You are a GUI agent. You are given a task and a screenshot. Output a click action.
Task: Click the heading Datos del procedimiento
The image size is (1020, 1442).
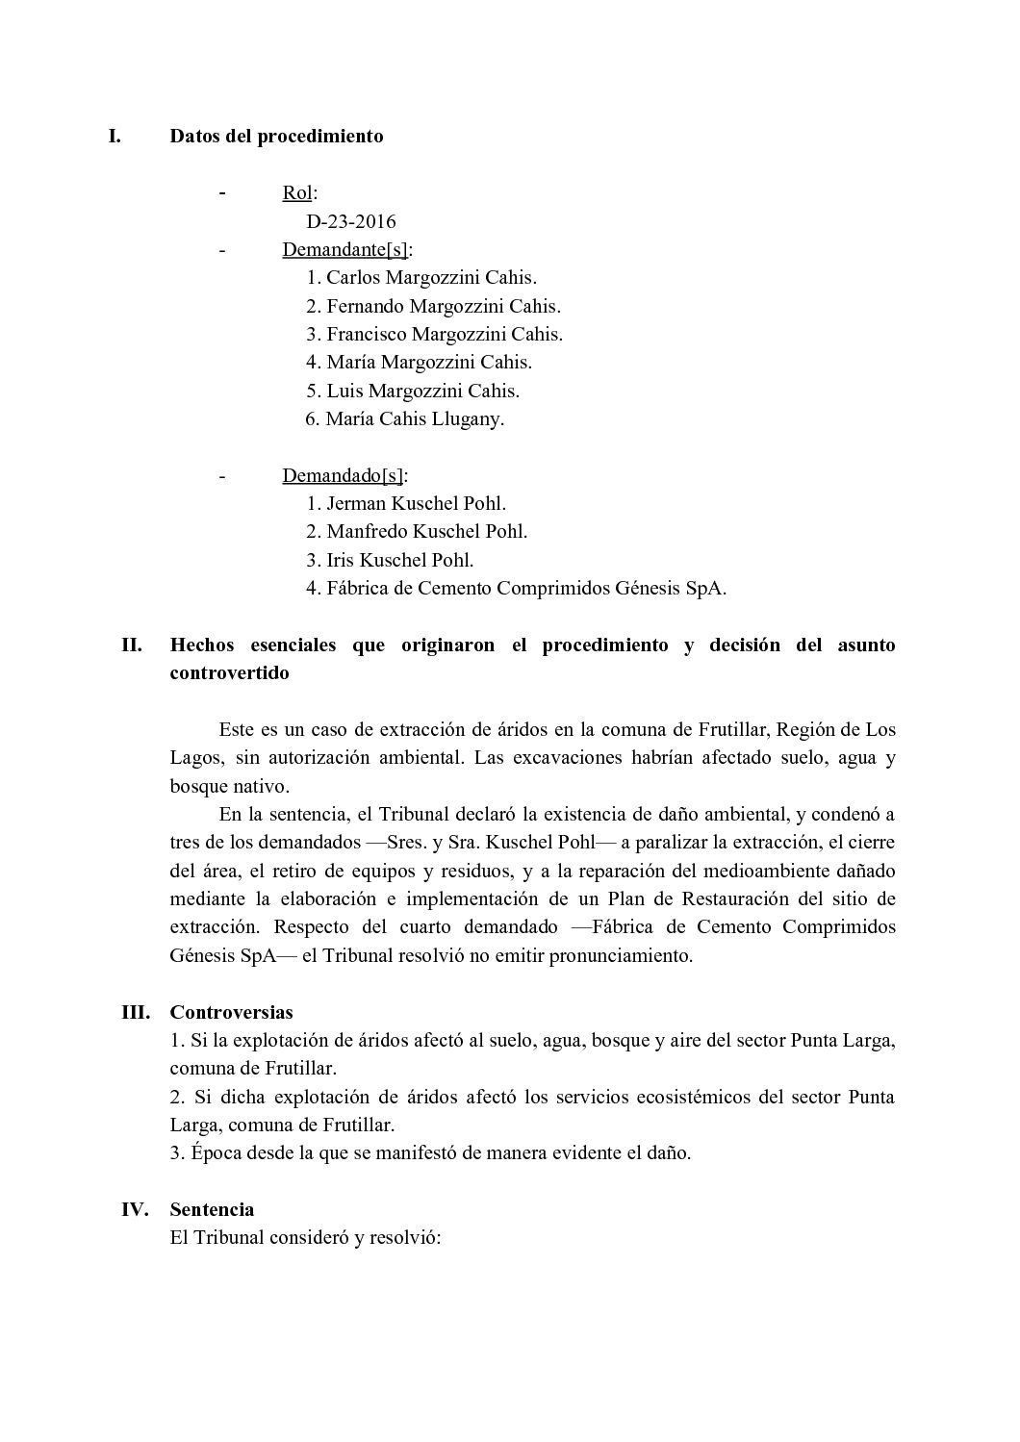276,136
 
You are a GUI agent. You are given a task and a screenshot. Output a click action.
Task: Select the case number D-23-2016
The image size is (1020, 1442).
351,221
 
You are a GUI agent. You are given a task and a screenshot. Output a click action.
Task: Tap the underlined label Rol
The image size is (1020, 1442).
297,192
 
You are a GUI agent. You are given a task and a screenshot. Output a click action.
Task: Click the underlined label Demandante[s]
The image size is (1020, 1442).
344,249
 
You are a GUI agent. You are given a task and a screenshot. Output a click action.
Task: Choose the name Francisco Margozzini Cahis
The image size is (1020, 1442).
444,334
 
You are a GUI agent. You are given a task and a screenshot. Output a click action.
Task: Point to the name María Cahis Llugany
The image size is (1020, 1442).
415,418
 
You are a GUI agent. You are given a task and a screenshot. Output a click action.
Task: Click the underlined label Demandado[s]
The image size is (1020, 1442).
343,475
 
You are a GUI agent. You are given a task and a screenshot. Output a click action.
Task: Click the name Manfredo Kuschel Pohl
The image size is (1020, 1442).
426,531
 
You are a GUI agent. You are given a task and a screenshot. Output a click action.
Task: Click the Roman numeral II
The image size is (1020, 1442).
132,645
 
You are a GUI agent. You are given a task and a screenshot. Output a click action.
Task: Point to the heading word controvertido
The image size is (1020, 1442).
229,672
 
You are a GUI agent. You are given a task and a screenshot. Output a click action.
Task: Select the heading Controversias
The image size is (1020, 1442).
231,1012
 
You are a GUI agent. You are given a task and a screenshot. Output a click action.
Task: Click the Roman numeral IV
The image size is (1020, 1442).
135,1209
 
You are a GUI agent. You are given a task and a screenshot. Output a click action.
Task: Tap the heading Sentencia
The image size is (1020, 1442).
212,1209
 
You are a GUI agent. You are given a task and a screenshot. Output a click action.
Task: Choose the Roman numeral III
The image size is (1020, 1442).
135,1012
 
